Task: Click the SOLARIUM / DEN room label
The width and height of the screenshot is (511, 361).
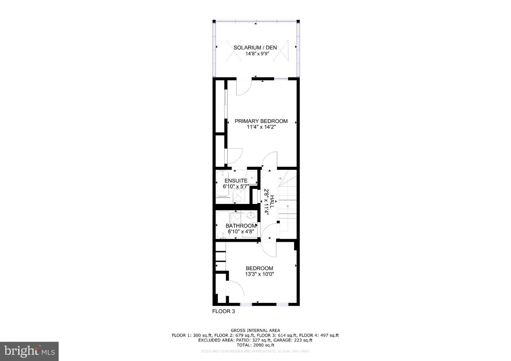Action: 255,48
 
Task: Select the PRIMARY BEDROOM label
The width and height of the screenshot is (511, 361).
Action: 261,121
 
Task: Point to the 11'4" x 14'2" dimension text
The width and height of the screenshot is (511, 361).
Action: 261,127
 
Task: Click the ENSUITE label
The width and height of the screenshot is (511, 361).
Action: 236,180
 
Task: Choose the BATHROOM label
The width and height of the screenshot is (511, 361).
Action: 241,226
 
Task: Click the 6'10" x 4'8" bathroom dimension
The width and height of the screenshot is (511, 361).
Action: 241,232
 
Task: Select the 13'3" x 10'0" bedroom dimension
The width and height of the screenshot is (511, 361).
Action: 259,274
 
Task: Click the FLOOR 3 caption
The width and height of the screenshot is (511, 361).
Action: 224,311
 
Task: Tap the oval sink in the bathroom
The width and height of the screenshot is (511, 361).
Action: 251,214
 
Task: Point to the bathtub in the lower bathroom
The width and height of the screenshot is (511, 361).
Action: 223,226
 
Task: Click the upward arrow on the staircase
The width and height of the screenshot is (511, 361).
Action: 288,206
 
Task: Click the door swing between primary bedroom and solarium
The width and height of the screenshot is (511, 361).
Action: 244,88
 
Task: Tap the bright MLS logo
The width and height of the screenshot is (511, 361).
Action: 29,351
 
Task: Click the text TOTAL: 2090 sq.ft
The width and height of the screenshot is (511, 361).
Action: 255,345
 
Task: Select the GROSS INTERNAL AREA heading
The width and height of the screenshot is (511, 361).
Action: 255,330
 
